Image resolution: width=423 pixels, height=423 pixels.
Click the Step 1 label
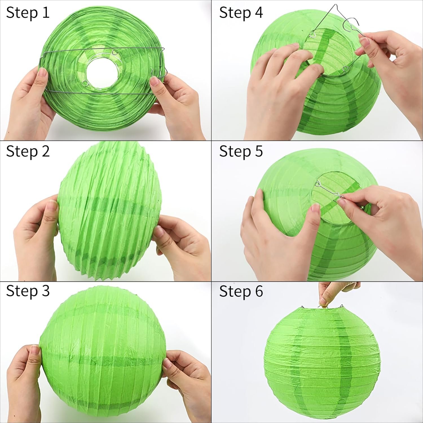(x=28, y=13)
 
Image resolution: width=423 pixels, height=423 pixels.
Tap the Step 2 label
(x=28, y=151)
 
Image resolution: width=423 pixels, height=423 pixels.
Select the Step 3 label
(x=28, y=291)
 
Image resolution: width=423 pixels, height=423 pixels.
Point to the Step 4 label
(x=241, y=13)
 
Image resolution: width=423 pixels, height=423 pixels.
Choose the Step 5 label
(x=241, y=151)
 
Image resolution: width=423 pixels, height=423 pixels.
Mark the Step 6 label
(x=241, y=291)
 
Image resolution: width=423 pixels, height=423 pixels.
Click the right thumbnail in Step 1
(x=155, y=82)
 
